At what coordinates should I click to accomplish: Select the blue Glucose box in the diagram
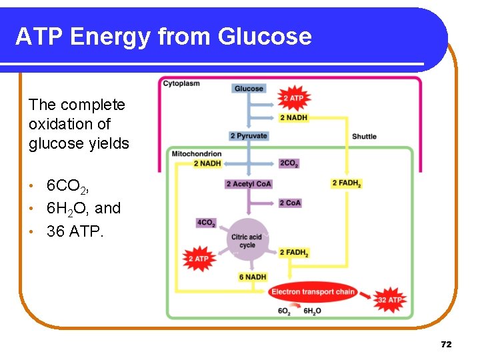(249, 89)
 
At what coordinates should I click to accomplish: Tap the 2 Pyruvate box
(249, 136)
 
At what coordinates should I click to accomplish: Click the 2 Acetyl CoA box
(249, 184)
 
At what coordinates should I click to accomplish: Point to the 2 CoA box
(290, 203)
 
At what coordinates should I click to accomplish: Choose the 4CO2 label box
(206, 223)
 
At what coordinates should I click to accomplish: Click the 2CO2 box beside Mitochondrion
(289, 163)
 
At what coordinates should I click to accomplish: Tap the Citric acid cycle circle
(247, 241)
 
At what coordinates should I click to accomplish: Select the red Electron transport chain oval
(313, 292)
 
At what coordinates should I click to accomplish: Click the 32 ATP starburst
(389, 300)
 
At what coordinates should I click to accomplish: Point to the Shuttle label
(364, 137)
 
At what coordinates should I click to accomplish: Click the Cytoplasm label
(181, 83)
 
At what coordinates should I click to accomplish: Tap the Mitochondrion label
(196, 154)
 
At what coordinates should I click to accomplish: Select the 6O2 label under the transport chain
(284, 311)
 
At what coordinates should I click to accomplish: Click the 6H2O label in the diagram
(312, 311)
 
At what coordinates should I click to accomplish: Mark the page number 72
(446, 344)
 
